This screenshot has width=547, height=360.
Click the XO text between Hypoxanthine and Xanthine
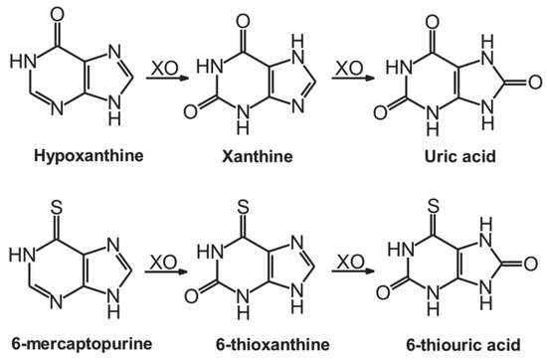(163, 70)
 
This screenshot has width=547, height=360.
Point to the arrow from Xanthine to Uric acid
(350, 86)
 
